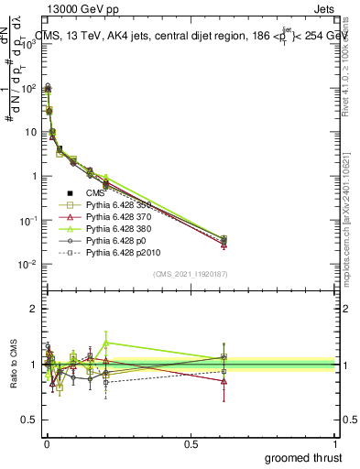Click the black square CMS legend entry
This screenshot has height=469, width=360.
coord(96,191)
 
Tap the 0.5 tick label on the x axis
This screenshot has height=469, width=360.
coord(191,442)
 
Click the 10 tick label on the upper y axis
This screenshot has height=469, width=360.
coord(28,132)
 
